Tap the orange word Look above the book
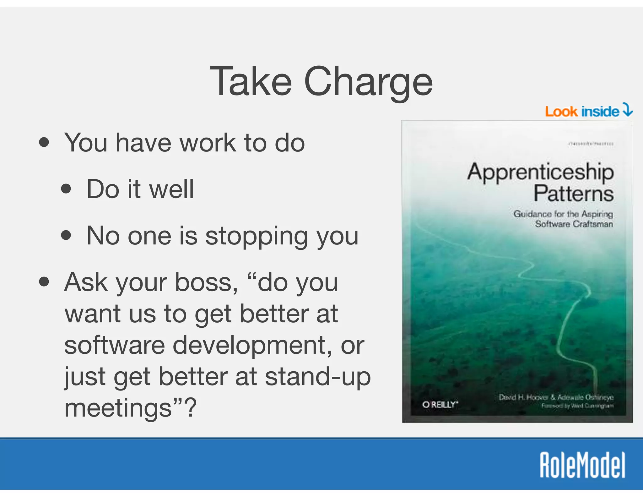pyautogui.click(x=561, y=112)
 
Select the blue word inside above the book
pyautogui.click(x=600, y=112)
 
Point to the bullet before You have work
pyautogui.click(x=44, y=142)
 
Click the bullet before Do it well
pyautogui.click(x=66, y=189)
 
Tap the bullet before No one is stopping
pyautogui.click(x=66, y=235)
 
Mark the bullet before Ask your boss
pyautogui.click(x=44, y=282)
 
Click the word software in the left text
pyautogui.click(x=115, y=345)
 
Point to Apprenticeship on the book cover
pyautogui.click(x=540, y=172)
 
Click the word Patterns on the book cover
pyautogui.click(x=573, y=194)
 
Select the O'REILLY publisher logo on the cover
pyautogui.click(x=440, y=405)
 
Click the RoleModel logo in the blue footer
pyautogui.click(x=582, y=465)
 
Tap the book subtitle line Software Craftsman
pyautogui.click(x=574, y=224)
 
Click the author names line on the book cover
pyautogui.click(x=556, y=397)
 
